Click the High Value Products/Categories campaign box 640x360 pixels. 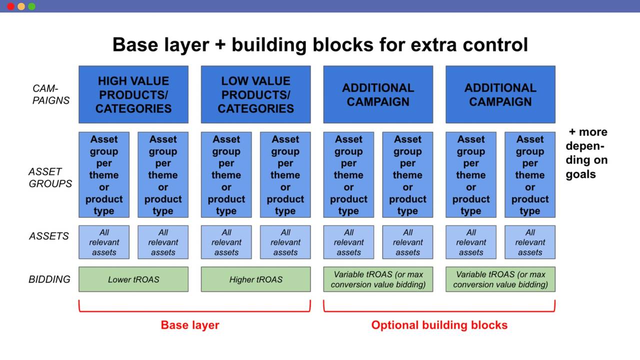point(133,94)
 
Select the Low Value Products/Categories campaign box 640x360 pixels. point(255,94)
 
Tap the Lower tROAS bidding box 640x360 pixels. point(133,279)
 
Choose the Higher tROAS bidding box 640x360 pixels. point(255,279)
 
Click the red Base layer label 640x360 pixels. point(190,325)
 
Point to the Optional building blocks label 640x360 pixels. point(439,325)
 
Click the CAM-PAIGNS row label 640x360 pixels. point(51,94)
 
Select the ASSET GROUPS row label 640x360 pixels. point(50,177)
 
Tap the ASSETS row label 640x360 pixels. point(49,236)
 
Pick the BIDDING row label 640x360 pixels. point(49,279)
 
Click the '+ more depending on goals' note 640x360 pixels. point(586,153)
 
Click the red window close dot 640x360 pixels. point(10,6)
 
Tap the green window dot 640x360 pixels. point(31,6)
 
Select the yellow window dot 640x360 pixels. point(21,6)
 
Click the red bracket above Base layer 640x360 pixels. point(194,310)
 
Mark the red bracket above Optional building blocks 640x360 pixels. point(439,310)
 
